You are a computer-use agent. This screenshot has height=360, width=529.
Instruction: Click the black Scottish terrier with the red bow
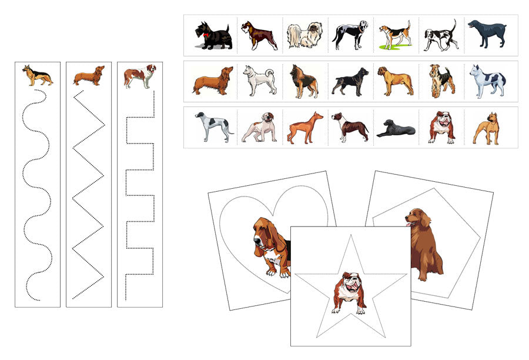coord(215,36)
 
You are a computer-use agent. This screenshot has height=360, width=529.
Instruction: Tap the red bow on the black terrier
coord(205,34)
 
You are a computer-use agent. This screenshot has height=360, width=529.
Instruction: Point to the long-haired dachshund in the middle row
coord(212,82)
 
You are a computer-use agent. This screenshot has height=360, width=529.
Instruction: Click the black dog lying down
coord(395,129)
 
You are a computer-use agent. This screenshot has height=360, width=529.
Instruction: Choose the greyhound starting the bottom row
coord(213,127)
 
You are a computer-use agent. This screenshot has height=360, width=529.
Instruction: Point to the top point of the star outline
coord(350,236)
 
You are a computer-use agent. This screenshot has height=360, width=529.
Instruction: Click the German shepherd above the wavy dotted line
coord(37,75)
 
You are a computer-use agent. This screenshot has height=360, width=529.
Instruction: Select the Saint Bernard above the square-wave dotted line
coord(139,76)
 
